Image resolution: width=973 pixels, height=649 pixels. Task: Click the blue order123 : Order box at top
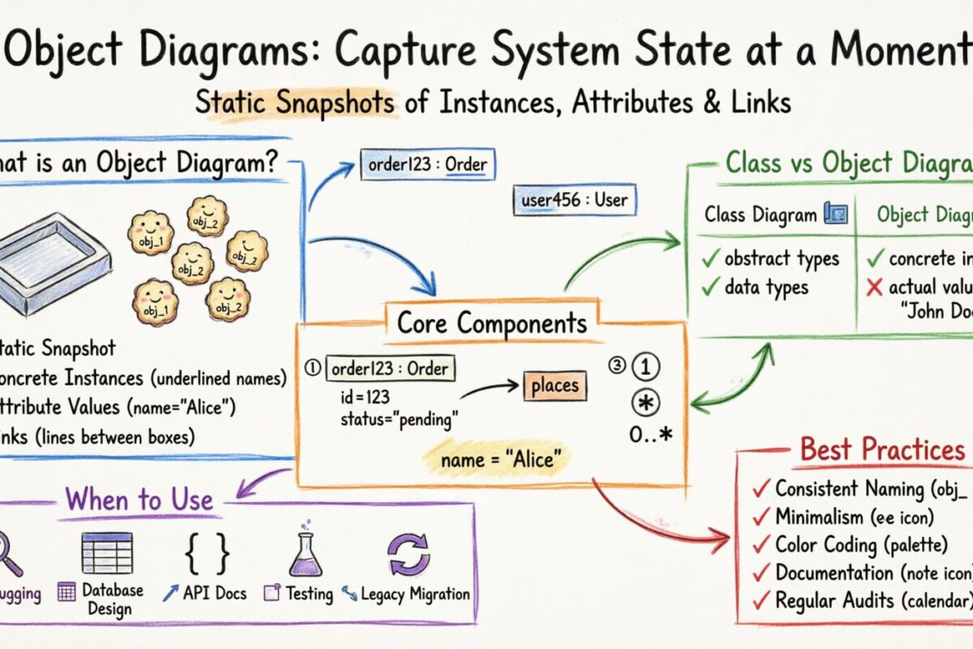pos(426,165)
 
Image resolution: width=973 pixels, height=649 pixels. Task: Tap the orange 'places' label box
pos(555,386)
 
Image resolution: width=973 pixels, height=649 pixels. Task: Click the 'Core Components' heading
pos(491,322)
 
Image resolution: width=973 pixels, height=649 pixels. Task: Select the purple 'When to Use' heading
pos(139,499)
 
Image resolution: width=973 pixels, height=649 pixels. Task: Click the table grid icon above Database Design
pos(107,553)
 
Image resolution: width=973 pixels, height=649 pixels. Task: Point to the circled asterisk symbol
pos(650,403)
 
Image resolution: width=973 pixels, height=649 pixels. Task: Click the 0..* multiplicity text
pos(651,435)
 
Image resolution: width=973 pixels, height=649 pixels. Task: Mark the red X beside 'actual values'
pos(875,288)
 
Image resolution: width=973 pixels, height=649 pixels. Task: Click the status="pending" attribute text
pos(399,420)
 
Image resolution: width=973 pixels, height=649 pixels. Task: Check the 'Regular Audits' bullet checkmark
pos(761,601)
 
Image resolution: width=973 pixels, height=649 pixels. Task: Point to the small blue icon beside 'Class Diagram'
pos(835,214)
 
